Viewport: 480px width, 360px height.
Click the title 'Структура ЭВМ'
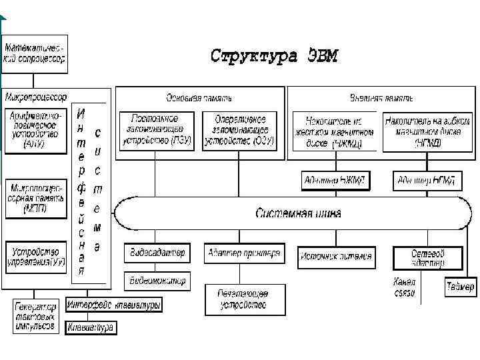(275, 55)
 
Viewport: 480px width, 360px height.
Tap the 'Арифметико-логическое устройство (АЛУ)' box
(36, 130)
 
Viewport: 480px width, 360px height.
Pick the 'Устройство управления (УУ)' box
(36, 257)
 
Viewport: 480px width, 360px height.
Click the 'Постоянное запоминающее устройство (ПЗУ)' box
(157, 130)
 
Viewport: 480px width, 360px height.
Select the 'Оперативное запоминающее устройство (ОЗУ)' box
(241, 130)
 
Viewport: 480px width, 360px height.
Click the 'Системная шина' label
(298, 213)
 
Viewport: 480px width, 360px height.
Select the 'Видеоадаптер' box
(157, 253)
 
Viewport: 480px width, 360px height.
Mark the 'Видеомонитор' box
(157, 280)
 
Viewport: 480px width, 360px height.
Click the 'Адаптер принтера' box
(244, 253)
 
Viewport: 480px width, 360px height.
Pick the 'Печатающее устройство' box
(244, 300)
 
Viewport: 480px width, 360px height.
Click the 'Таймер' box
(460, 287)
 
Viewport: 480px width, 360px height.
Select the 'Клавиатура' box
(91, 327)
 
